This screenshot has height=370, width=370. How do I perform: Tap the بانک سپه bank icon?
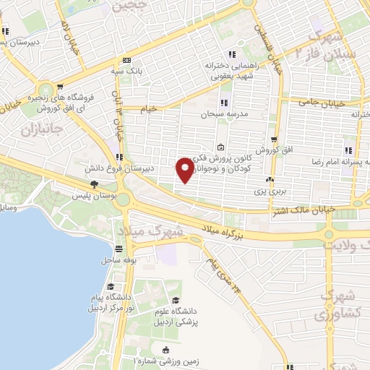127,60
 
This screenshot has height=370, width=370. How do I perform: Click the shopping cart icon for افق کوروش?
274,139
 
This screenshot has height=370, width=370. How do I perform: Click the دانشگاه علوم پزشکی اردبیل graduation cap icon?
173,300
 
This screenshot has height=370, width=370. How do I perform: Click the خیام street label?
149,108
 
